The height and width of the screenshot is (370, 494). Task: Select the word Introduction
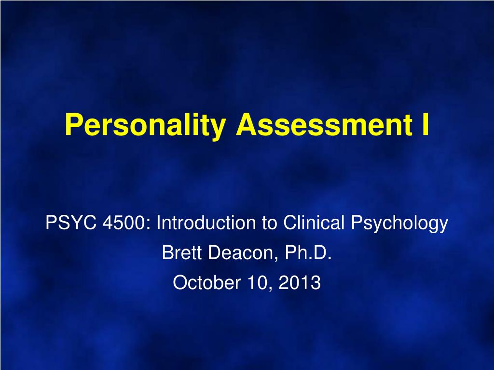tap(206, 223)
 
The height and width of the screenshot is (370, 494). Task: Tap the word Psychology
tap(399, 224)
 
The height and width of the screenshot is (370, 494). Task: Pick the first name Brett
tap(181, 252)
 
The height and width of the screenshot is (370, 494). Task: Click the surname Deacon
tap(242, 252)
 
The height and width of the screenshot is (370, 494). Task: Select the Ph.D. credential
tap(308, 252)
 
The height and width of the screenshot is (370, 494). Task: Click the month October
tap(206, 282)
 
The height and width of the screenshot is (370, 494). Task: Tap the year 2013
tap(300, 282)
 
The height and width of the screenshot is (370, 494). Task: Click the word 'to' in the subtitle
tap(269, 223)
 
